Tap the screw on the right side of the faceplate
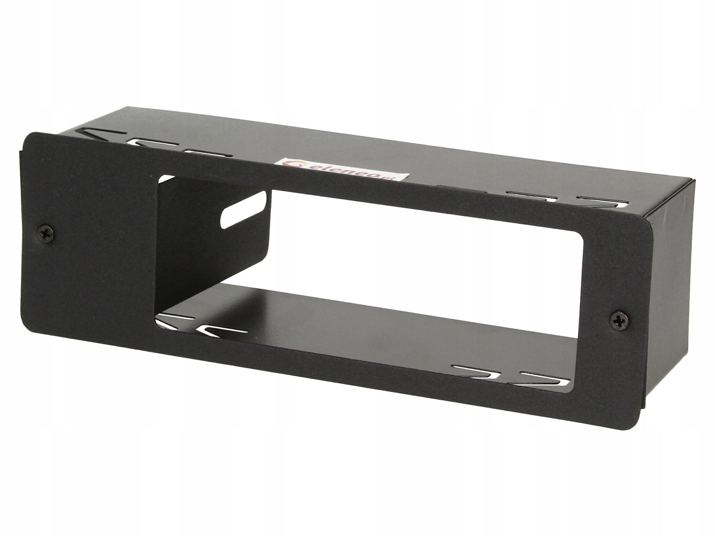click(619, 320)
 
